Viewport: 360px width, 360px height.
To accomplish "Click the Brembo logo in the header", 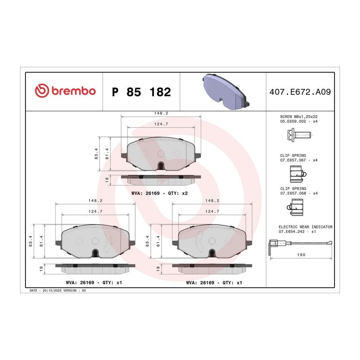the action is click(x=65, y=91).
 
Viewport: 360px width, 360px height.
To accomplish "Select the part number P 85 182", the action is click(x=142, y=92).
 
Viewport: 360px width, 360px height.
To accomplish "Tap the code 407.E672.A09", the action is click(x=300, y=92).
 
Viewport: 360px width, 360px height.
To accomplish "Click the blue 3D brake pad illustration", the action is click(x=226, y=91).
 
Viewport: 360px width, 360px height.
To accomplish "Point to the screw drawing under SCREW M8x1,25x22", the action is click(x=299, y=135).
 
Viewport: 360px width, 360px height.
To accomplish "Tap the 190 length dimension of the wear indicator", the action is click(x=301, y=255).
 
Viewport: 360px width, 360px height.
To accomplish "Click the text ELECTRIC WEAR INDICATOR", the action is click(x=306, y=227).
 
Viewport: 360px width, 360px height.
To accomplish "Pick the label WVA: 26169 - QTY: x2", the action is click(x=160, y=193).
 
